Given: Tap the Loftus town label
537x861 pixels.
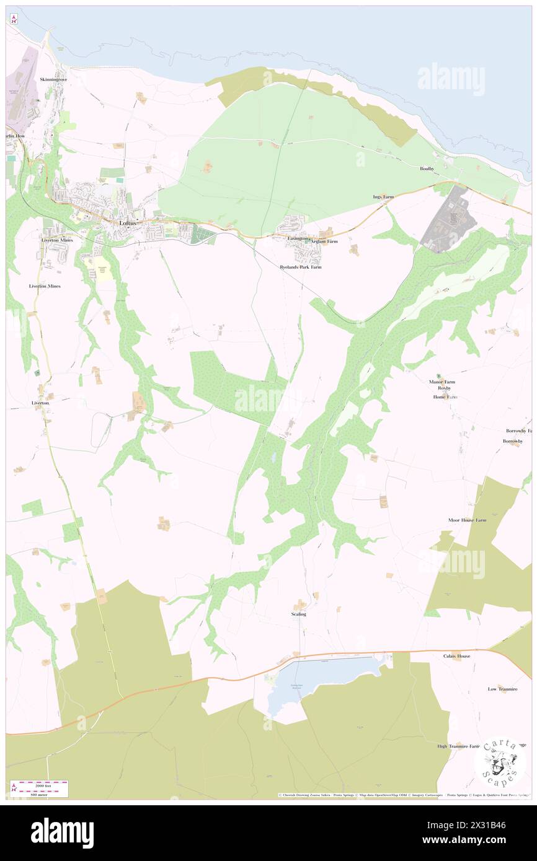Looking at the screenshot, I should pyautogui.click(x=128, y=223).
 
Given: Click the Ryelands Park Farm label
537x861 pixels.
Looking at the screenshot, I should pyautogui.click(x=300, y=267).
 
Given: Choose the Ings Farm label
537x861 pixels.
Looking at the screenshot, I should pyautogui.click(x=383, y=197).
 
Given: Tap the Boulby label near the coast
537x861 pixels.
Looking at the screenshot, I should pyautogui.click(x=427, y=168).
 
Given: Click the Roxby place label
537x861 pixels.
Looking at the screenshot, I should pyautogui.click(x=444, y=389).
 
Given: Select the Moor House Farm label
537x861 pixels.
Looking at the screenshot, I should pyautogui.click(x=467, y=520).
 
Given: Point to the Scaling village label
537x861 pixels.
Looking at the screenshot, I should pyautogui.click(x=298, y=614).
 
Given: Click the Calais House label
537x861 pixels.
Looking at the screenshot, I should pyautogui.click(x=456, y=656).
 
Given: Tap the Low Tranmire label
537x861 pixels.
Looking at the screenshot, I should pyautogui.click(x=502, y=689).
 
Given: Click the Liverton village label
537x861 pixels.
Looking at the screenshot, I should pyautogui.click(x=40, y=403).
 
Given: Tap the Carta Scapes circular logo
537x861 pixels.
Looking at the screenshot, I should pyautogui.click(x=500, y=762).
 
